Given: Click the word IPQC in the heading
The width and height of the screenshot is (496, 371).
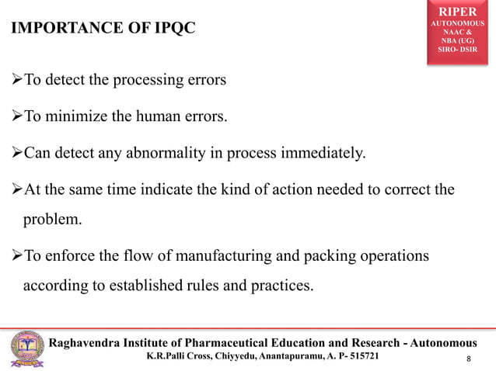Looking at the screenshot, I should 169,29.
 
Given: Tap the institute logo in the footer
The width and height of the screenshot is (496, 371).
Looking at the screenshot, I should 26,349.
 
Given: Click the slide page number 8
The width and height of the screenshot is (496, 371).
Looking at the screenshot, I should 470,359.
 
